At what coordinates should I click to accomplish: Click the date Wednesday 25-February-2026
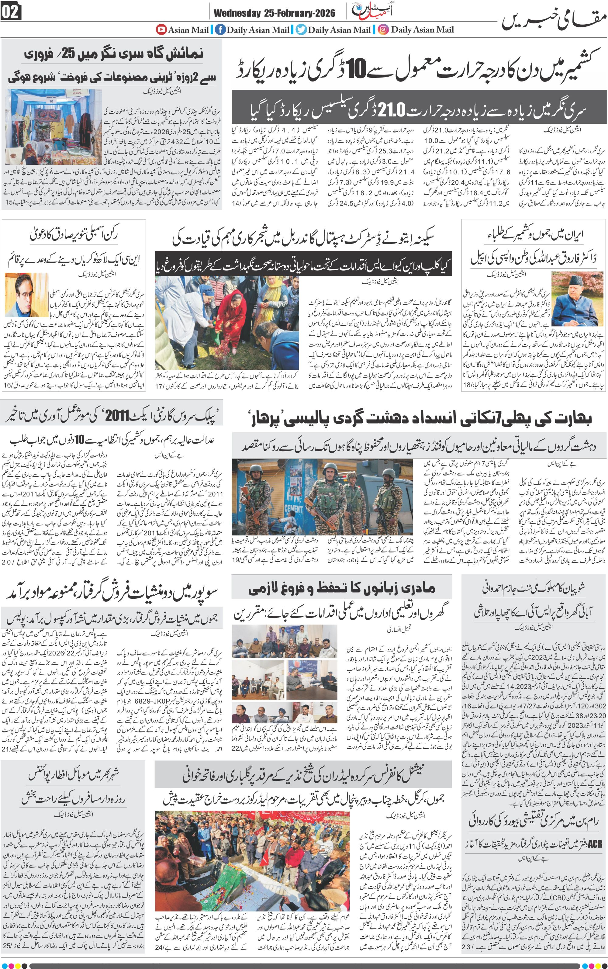274,14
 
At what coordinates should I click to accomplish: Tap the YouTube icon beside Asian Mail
161,29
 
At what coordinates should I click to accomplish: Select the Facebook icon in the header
220,29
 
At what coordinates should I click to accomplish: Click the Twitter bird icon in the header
301,29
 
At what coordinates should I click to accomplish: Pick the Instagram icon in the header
384,29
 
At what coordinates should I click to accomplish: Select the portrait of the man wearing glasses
26,295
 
